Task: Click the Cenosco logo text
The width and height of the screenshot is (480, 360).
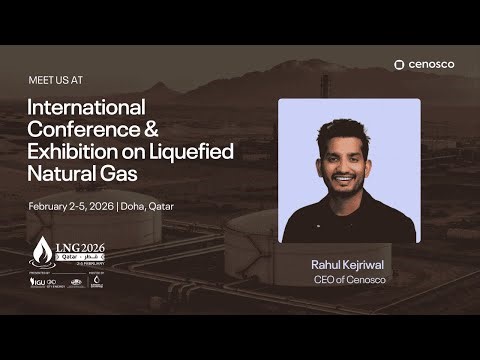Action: (x=431, y=65)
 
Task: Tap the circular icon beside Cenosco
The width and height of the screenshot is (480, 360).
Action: (x=399, y=65)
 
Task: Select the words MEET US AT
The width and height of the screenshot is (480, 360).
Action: (x=56, y=77)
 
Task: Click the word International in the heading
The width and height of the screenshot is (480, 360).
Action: (x=87, y=107)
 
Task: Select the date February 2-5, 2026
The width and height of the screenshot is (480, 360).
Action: (x=70, y=206)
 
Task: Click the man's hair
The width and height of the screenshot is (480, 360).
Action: (x=344, y=130)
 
